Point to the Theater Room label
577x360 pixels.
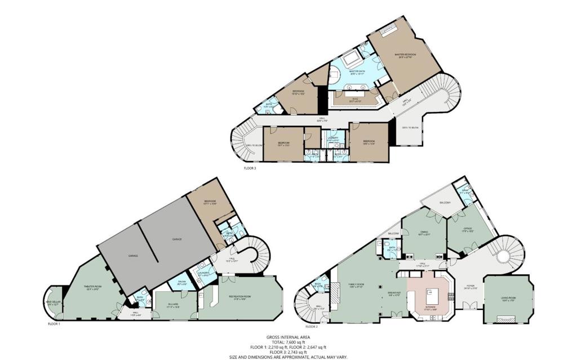[91, 290]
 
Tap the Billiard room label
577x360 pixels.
[173, 306]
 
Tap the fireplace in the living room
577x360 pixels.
[505, 319]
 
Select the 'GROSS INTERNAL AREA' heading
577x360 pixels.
[288, 337]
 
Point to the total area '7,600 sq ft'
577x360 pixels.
[288, 342]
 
